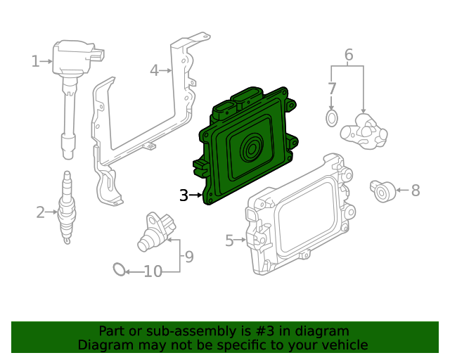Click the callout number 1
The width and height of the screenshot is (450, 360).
(x=35, y=62)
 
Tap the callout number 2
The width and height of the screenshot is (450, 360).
(x=41, y=211)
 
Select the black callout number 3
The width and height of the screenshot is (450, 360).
(x=184, y=195)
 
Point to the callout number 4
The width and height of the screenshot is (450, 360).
(x=155, y=70)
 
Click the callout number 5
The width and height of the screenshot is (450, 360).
(x=229, y=241)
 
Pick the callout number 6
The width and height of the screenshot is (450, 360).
(x=348, y=55)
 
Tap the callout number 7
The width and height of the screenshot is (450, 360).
(x=332, y=89)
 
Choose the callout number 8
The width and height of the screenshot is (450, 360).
(x=415, y=190)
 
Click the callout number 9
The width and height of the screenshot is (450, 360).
(x=188, y=257)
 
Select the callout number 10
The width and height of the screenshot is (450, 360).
(x=153, y=271)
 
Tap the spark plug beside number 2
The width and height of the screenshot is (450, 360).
(x=67, y=207)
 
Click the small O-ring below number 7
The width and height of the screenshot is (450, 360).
(x=332, y=117)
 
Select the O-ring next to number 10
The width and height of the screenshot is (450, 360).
(x=120, y=269)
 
